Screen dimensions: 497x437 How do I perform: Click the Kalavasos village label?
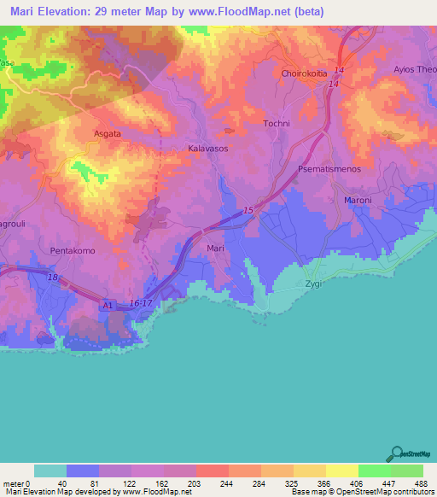(206, 148)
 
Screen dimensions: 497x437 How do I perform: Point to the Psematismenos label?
(331, 170)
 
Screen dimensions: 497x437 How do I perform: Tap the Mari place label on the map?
(216, 248)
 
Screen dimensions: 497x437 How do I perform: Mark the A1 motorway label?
(108, 303)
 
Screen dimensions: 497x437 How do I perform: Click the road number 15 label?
(248, 210)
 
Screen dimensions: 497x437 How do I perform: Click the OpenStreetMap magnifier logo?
(399, 454)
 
